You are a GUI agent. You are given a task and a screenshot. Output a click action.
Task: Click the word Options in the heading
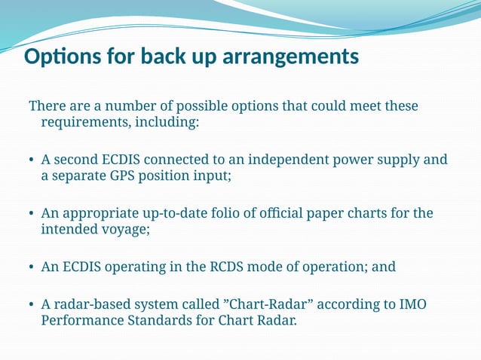click(x=60, y=57)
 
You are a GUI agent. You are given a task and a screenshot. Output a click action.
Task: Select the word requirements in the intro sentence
click(x=81, y=122)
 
